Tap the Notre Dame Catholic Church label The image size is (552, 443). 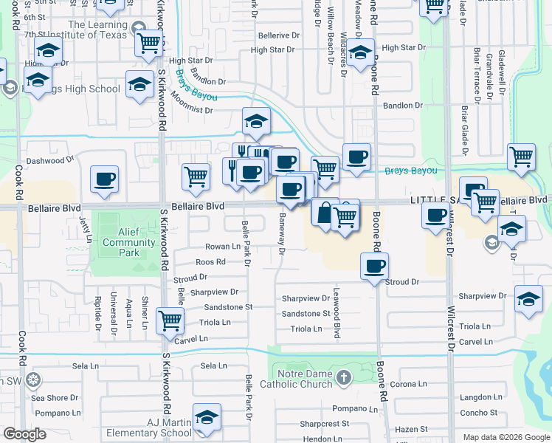[x=302, y=379]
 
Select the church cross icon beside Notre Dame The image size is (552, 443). [x=343, y=379]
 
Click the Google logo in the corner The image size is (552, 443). [x=24, y=434]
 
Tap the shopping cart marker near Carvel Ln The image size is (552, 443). [x=170, y=320]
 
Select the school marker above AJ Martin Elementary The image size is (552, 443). [x=207, y=417]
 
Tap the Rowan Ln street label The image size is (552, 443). [x=223, y=247]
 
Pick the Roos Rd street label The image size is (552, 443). [x=210, y=262]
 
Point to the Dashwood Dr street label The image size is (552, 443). [x=50, y=159]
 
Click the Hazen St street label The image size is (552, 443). [x=413, y=429]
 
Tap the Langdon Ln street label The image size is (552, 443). [x=480, y=397]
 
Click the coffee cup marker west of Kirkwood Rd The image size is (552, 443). [x=104, y=179]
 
